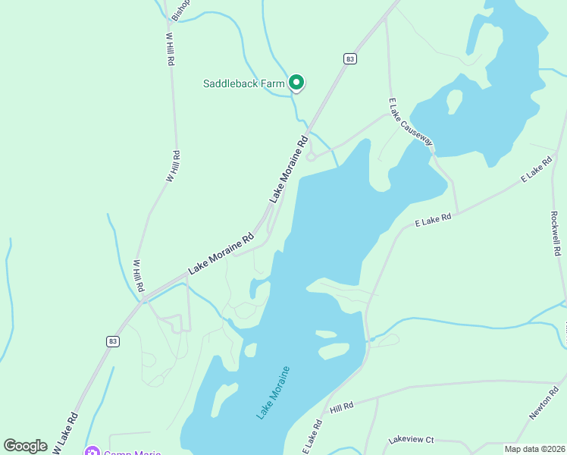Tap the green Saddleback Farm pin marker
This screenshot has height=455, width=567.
296,83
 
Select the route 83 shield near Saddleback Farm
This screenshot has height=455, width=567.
349,58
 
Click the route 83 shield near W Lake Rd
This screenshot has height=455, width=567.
113,341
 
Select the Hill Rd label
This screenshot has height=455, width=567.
342,407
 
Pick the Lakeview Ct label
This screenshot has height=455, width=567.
410,440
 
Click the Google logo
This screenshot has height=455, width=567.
26,446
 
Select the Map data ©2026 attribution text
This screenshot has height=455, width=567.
534,449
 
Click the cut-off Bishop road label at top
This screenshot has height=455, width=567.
180,9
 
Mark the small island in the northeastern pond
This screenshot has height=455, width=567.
454,100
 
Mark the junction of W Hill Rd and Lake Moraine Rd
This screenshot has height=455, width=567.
143,298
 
